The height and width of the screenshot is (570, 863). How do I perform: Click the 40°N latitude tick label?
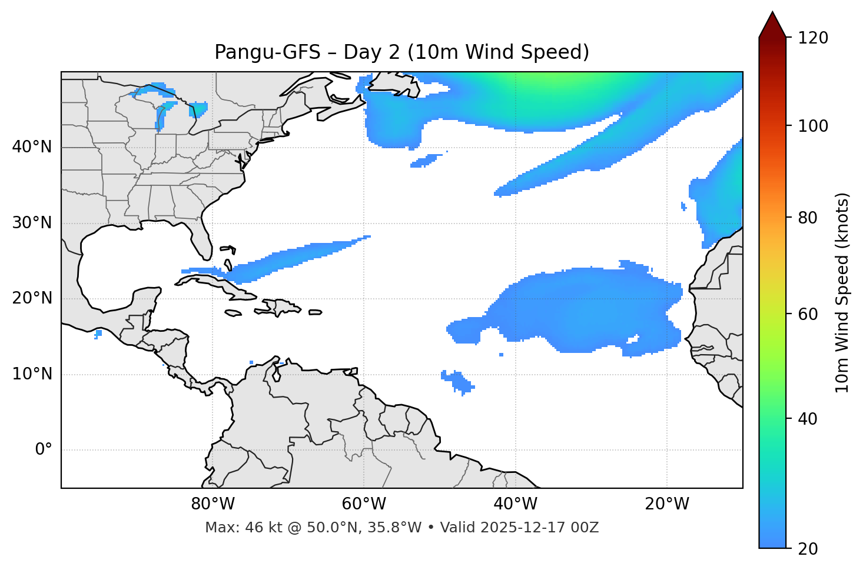32,147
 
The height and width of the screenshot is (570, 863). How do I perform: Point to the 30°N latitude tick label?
32,223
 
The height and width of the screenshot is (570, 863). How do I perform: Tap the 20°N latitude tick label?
32,299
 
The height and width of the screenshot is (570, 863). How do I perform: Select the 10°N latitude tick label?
32,374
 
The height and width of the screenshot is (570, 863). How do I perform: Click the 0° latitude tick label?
44,450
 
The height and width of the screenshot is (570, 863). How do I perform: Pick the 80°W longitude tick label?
213,504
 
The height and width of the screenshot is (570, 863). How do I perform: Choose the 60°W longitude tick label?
364,504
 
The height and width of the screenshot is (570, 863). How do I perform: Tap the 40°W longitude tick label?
515,504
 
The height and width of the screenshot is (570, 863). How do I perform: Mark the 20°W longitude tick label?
666,504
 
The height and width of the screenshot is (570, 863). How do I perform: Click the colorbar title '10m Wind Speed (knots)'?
842,293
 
